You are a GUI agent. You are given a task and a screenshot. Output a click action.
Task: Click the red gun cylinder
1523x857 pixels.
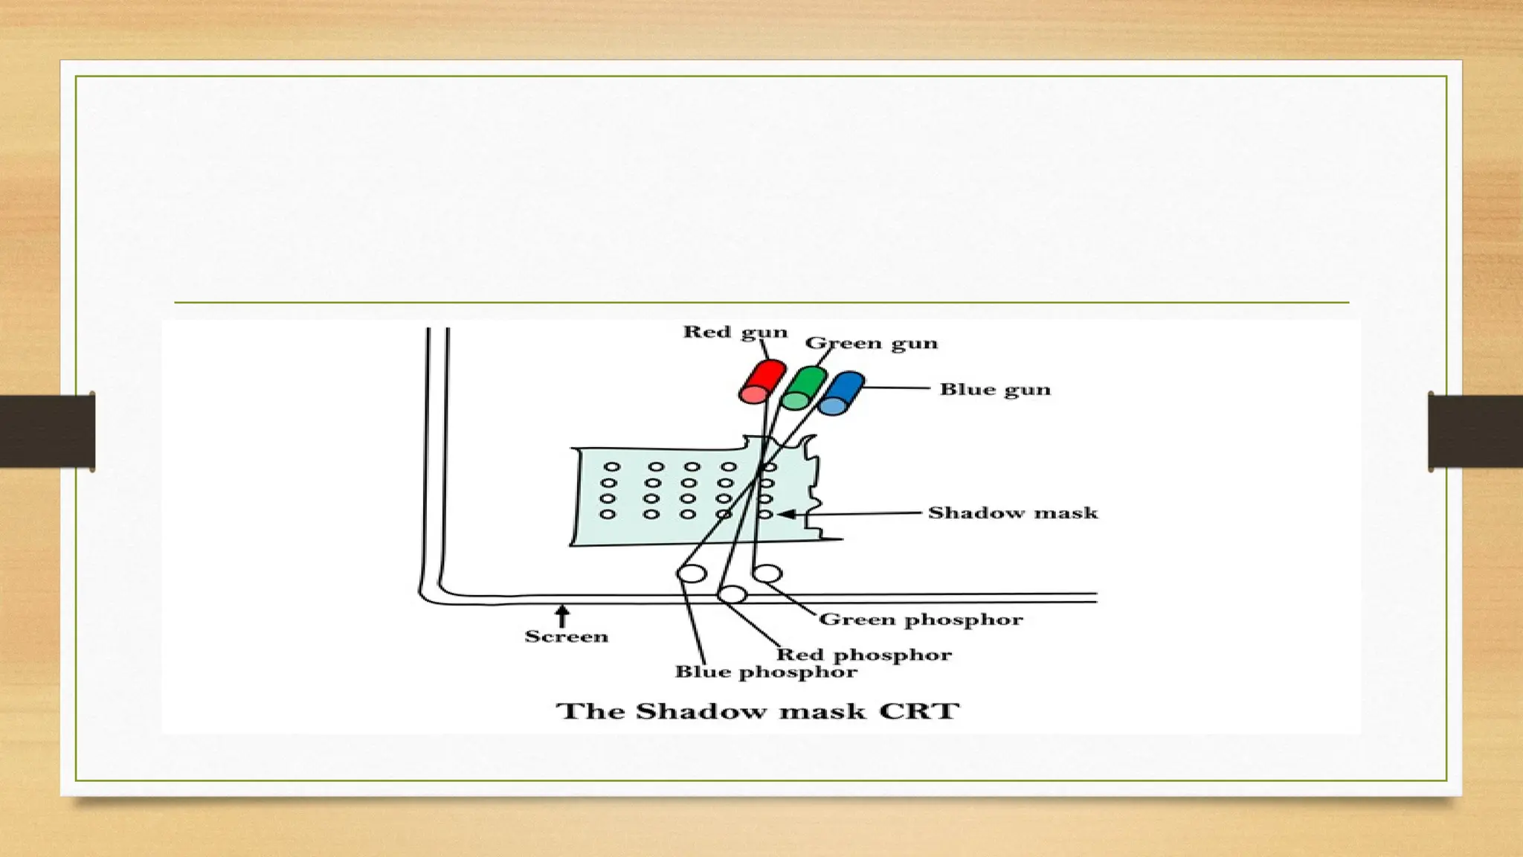coord(761,381)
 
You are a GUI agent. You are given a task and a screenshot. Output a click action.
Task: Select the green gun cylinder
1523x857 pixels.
coord(804,388)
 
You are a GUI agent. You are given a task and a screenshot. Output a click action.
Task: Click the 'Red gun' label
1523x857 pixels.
coord(735,332)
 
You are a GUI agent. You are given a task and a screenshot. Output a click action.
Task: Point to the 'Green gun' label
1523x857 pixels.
coord(871,343)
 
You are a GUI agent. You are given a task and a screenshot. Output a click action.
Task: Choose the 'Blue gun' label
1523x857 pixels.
coord(994,389)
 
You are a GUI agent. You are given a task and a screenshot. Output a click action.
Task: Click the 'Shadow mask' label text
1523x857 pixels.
coord(1012,513)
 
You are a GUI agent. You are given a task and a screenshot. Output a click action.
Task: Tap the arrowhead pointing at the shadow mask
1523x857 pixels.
coord(786,514)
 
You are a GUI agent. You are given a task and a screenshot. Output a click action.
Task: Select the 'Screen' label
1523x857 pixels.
coord(566,636)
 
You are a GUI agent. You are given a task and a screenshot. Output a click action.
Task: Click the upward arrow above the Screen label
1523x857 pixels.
coord(563,615)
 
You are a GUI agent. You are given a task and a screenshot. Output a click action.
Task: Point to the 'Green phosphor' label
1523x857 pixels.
coord(921,619)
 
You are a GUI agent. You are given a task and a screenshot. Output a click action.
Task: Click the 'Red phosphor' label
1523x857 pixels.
coord(863,655)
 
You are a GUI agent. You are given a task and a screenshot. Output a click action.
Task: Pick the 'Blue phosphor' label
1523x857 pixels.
coord(765,672)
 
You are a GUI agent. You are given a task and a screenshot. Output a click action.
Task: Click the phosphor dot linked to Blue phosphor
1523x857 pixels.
coord(692,574)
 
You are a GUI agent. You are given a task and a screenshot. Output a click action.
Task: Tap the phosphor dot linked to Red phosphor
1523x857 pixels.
coord(732,594)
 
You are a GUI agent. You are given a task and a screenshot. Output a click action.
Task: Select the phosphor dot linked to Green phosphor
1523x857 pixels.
coord(767,574)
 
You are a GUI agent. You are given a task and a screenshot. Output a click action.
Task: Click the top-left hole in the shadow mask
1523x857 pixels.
coord(611,467)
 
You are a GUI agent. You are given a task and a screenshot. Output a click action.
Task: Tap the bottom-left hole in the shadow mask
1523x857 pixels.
coord(608,514)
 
